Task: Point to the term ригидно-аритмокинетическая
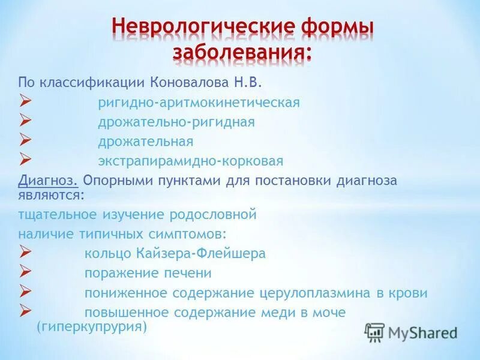(199, 103)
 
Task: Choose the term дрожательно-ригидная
(176, 122)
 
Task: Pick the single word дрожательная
(146, 142)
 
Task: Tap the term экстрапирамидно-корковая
(191, 161)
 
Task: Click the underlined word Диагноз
(48, 181)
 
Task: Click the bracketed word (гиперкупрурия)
(91, 327)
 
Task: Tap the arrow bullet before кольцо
(25, 253)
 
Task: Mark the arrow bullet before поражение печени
(25, 272)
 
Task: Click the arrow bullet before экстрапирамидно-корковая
(25, 160)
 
